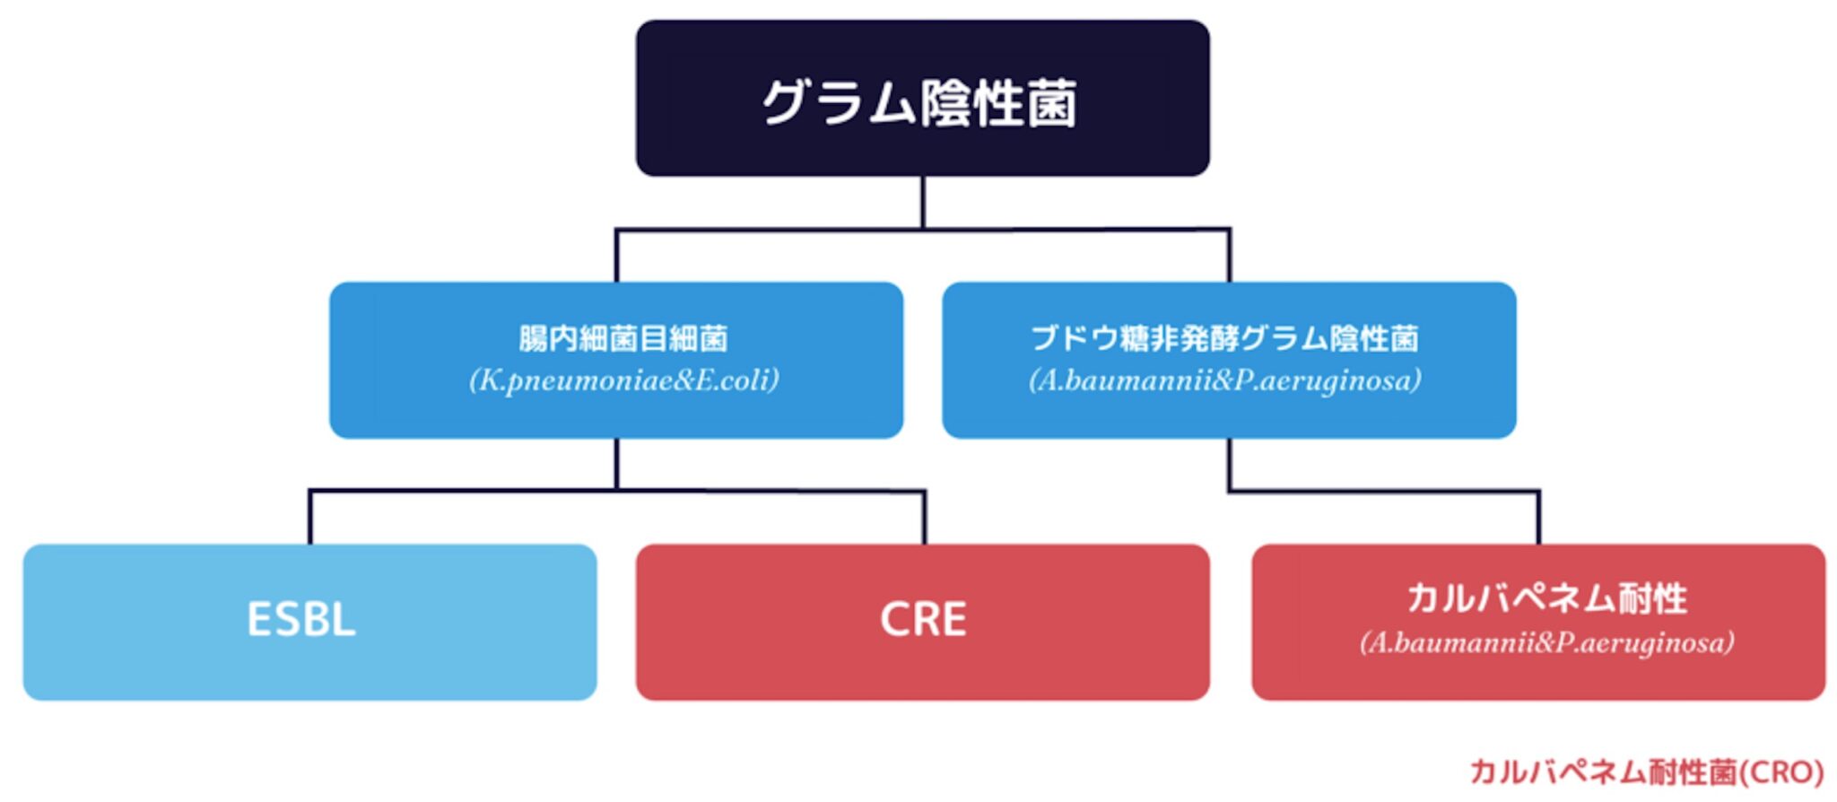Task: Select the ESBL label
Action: click(x=301, y=620)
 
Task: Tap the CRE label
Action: click(x=923, y=620)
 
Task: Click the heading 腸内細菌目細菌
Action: click(x=622, y=339)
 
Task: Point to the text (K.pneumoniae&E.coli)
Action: click(x=623, y=380)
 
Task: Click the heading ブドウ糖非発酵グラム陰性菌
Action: click(x=1225, y=339)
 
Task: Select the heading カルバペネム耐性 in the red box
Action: click(x=1546, y=598)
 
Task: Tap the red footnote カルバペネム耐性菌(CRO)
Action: click(x=1646, y=772)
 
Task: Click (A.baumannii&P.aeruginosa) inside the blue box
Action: click(x=1225, y=380)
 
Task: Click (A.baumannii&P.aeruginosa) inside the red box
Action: click(x=1546, y=643)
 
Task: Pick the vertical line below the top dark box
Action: click(x=923, y=202)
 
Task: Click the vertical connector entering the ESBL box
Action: click(x=310, y=518)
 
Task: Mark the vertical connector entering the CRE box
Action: click(x=925, y=518)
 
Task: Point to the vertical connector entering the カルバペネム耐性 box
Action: click(x=1539, y=518)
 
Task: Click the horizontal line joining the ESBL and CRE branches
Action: click(x=466, y=491)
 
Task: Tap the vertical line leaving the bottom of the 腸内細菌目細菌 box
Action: click(x=617, y=463)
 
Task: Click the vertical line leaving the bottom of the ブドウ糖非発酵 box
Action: click(x=1229, y=463)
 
